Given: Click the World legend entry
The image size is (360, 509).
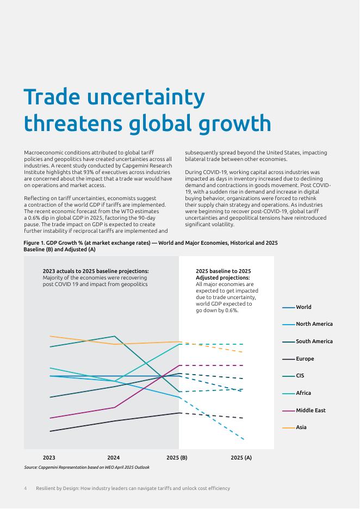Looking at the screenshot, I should pyautogui.click(x=303, y=307).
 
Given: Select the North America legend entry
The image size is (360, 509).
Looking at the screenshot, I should pyautogui.click(x=314, y=324).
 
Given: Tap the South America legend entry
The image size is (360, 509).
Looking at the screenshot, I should pyautogui.click(x=314, y=342).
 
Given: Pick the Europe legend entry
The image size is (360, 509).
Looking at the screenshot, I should pyautogui.click(x=305, y=359).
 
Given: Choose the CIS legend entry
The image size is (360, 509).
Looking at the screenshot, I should pyautogui.click(x=300, y=376).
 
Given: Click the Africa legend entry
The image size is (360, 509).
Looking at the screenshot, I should pyautogui.click(x=303, y=393).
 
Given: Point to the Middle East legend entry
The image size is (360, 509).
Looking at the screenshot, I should pyautogui.click(x=311, y=411).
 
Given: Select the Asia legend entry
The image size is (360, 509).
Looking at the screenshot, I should pyautogui.click(x=301, y=427).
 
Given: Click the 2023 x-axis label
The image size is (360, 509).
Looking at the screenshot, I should pyautogui.click(x=49, y=458).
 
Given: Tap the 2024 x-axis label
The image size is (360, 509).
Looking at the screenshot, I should pyautogui.click(x=114, y=458).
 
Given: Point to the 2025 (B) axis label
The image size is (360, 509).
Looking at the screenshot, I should pyautogui.click(x=177, y=458).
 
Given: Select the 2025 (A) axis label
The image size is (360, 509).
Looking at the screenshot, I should pyautogui.click(x=241, y=458).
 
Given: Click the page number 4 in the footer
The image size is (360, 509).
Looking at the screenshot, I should pyautogui.click(x=26, y=488).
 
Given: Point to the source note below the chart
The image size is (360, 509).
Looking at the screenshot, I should pyautogui.click(x=86, y=467).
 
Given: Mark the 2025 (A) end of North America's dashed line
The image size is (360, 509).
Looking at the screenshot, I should pyautogui.click(x=243, y=438).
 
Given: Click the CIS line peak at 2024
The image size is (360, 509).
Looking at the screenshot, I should pyautogui.click(x=114, y=336).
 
